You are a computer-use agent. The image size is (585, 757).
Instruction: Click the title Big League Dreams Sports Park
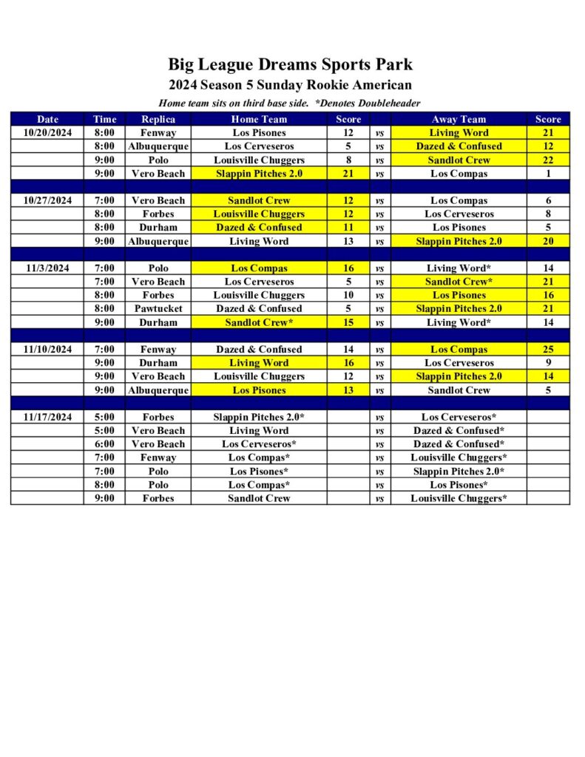pos(290,64)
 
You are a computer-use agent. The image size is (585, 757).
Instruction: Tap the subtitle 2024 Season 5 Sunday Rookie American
pos(290,85)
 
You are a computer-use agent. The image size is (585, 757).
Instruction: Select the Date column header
pos(48,119)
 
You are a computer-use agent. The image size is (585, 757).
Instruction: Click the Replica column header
pos(158,119)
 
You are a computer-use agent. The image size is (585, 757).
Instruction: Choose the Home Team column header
pos(259,119)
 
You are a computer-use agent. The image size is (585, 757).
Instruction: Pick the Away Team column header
pos(459,119)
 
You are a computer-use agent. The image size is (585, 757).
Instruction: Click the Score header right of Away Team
pos(548,119)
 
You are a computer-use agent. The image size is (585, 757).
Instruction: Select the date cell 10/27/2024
pos(48,200)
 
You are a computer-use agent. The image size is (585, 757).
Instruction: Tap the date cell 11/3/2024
pos(48,268)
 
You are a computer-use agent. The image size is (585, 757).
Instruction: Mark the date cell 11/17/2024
pos(48,417)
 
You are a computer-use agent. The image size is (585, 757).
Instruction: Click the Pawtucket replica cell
pos(158,309)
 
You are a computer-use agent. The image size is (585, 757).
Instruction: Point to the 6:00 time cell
pos(104,444)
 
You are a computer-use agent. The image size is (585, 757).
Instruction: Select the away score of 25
pos(548,350)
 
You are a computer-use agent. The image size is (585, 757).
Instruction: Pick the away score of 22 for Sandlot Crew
pos(548,160)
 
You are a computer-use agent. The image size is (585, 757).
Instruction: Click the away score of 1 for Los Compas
pos(548,174)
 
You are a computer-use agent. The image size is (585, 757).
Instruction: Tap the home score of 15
pos(348,322)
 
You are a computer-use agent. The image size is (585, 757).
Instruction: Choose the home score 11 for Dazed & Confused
pos(348,228)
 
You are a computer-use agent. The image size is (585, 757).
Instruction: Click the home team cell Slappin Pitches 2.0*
pos(259,417)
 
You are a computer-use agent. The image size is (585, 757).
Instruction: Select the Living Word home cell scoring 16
pos(259,363)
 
